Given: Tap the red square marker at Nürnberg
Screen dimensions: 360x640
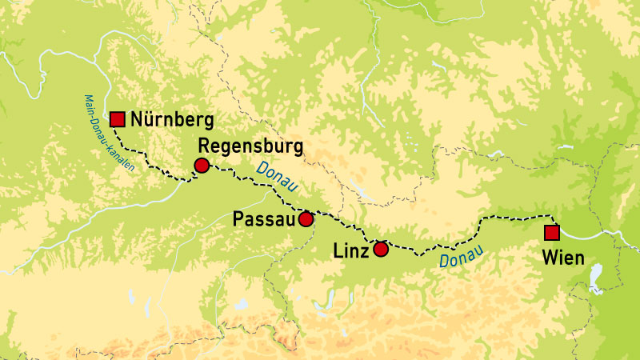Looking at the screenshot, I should [118, 119].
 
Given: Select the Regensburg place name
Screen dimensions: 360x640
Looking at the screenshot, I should [250, 147].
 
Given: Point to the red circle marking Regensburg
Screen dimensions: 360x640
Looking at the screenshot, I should [202, 166].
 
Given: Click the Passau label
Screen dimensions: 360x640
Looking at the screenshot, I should [262, 218].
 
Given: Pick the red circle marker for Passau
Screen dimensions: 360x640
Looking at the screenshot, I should [306, 218].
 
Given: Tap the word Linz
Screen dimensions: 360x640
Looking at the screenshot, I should [350, 250].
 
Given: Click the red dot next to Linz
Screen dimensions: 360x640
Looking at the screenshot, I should [381, 249].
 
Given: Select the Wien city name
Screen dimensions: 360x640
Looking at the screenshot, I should [562, 258].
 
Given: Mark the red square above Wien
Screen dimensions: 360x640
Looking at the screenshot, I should [551, 233].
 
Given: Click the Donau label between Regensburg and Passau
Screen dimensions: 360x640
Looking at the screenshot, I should [274, 178].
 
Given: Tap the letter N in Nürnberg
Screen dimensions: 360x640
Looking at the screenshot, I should [137, 121].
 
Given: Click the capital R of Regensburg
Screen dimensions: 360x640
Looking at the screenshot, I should [203, 147].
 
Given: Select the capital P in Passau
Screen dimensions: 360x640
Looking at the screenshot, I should [238, 218].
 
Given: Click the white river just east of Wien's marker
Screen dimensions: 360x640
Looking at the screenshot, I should [584, 234].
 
